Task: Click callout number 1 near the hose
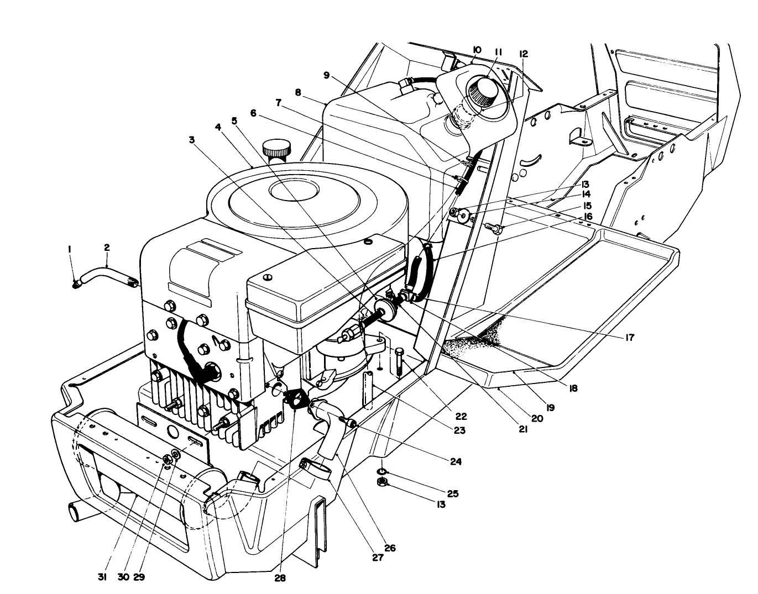(x=70, y=250)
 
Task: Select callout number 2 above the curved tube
(x=107, y=248)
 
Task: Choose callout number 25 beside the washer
(x=453, y=493)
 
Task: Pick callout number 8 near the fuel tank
(x=298, y=93)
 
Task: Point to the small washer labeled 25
(x=381, y=471)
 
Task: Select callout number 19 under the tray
(x=550, y=408)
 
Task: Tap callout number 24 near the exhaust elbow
(x=455, y=460)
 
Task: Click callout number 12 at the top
(x=523, y=54)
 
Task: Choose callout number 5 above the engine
(x=234, y=120)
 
